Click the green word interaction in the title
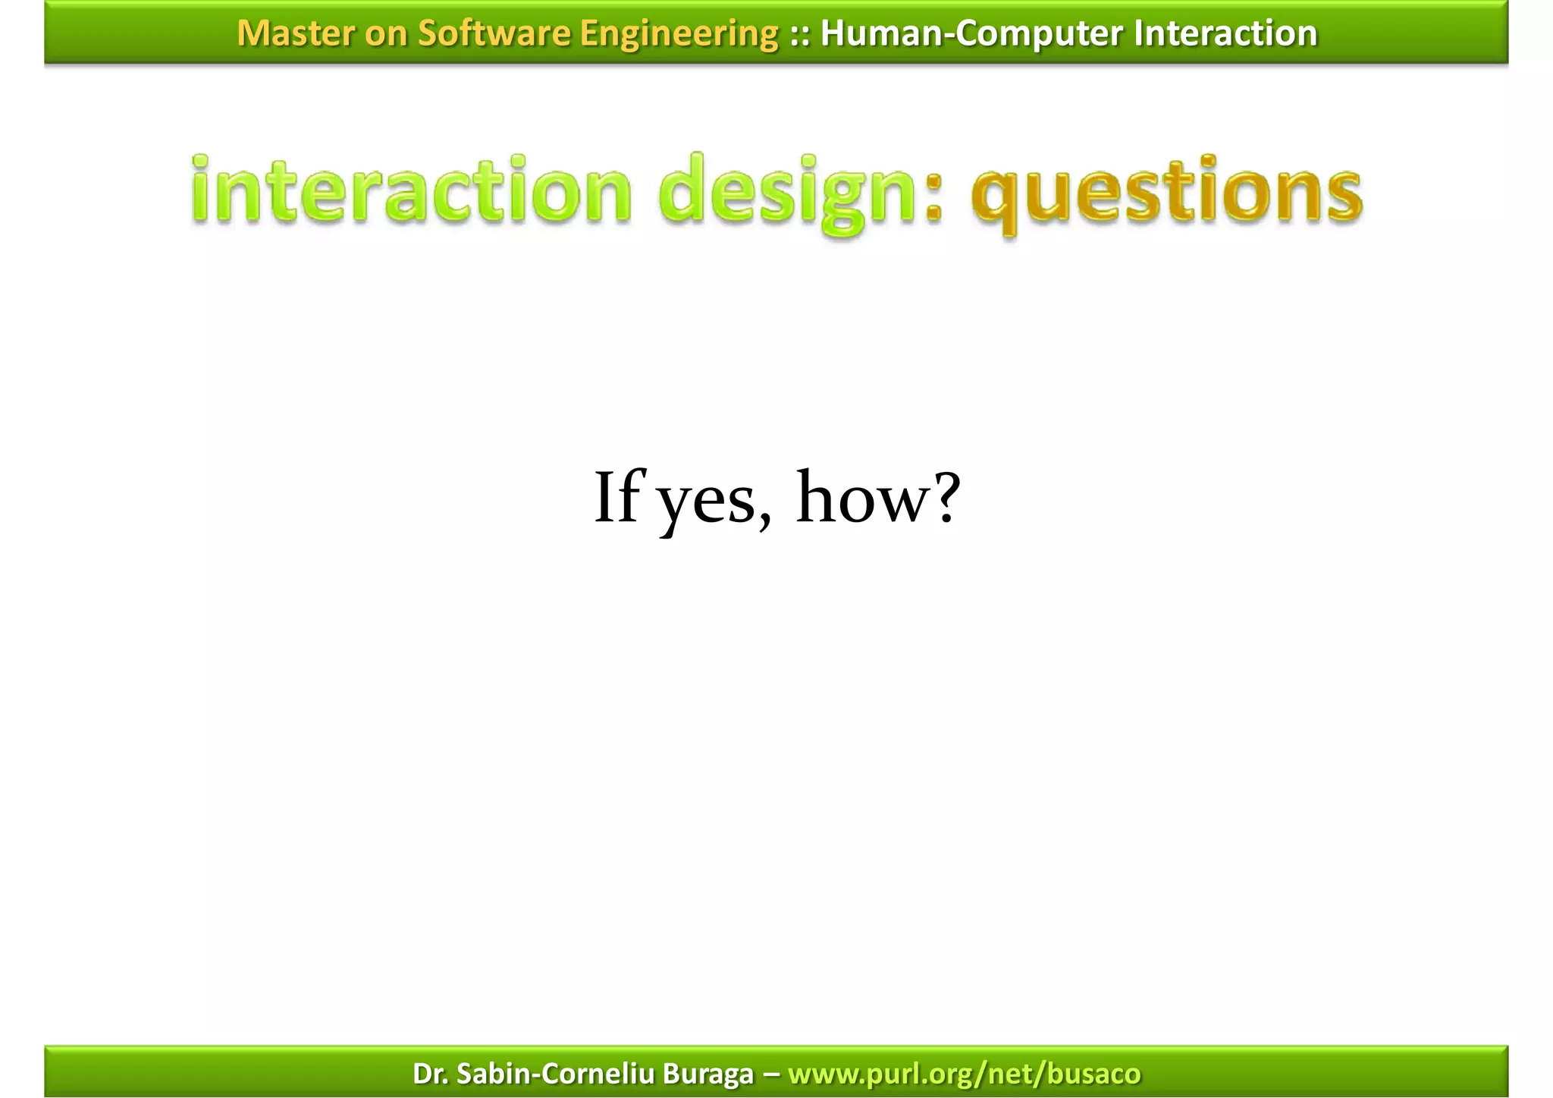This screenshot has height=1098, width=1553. pos(410,190)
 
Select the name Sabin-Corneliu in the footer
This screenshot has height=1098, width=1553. pos(557,1074)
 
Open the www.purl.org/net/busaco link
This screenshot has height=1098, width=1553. pos(964,1074)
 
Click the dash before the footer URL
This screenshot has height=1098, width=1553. pos(771,1074)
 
